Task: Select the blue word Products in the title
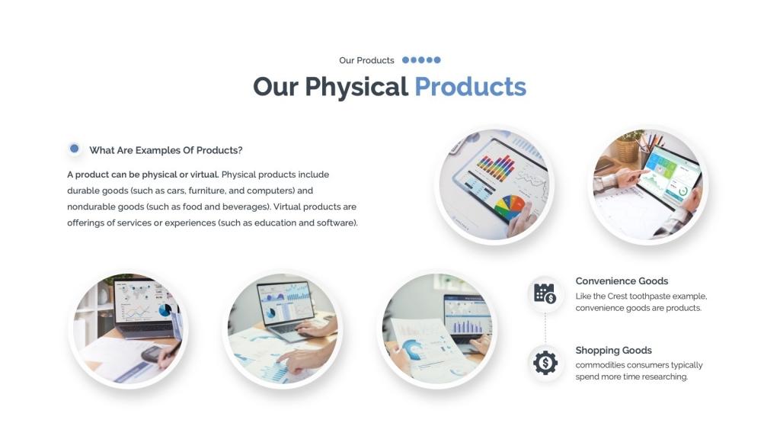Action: (470, 87)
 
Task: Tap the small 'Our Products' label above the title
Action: (366, 60)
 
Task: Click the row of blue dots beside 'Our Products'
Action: (421, 60)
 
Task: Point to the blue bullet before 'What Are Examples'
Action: (75, 149)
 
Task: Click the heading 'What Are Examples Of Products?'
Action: (165, 150)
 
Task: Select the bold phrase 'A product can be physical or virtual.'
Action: (142, 175)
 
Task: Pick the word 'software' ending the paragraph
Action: (337, 223)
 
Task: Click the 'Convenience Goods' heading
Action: (622, 281)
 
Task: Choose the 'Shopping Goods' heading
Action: (613, 351)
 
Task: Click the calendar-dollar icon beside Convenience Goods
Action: (545, 293)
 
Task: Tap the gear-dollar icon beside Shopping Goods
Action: (545, 363)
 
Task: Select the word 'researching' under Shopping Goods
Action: (664, 377)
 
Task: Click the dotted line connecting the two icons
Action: (545, 328)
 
